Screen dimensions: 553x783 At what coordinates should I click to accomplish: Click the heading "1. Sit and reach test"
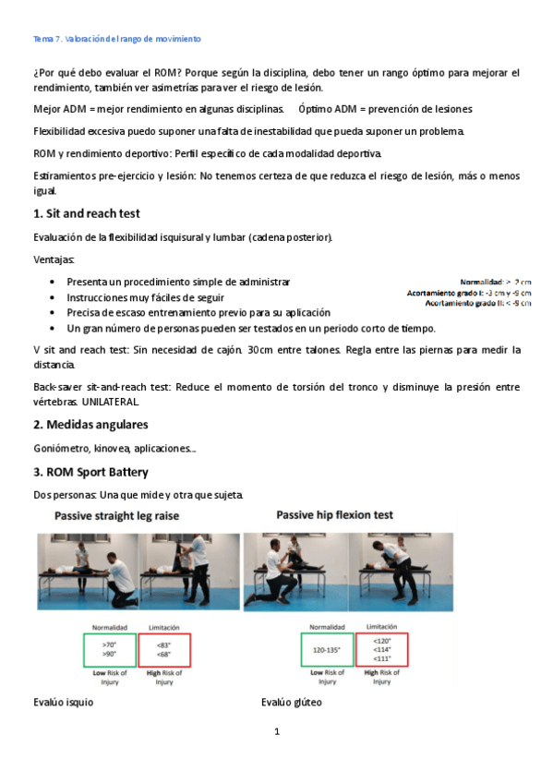point(86,214)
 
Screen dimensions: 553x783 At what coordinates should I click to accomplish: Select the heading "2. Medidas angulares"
point(90,424)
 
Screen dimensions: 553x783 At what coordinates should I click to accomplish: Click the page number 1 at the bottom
point(276,732)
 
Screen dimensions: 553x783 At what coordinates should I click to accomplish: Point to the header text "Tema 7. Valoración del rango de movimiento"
point(117,40)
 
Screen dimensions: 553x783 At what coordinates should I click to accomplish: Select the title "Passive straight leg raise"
point(116,515)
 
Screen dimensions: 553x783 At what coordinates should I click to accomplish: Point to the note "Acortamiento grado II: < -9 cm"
point(477,303)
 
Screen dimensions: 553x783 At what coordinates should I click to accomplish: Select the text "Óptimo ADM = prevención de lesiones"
point(385,109)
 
